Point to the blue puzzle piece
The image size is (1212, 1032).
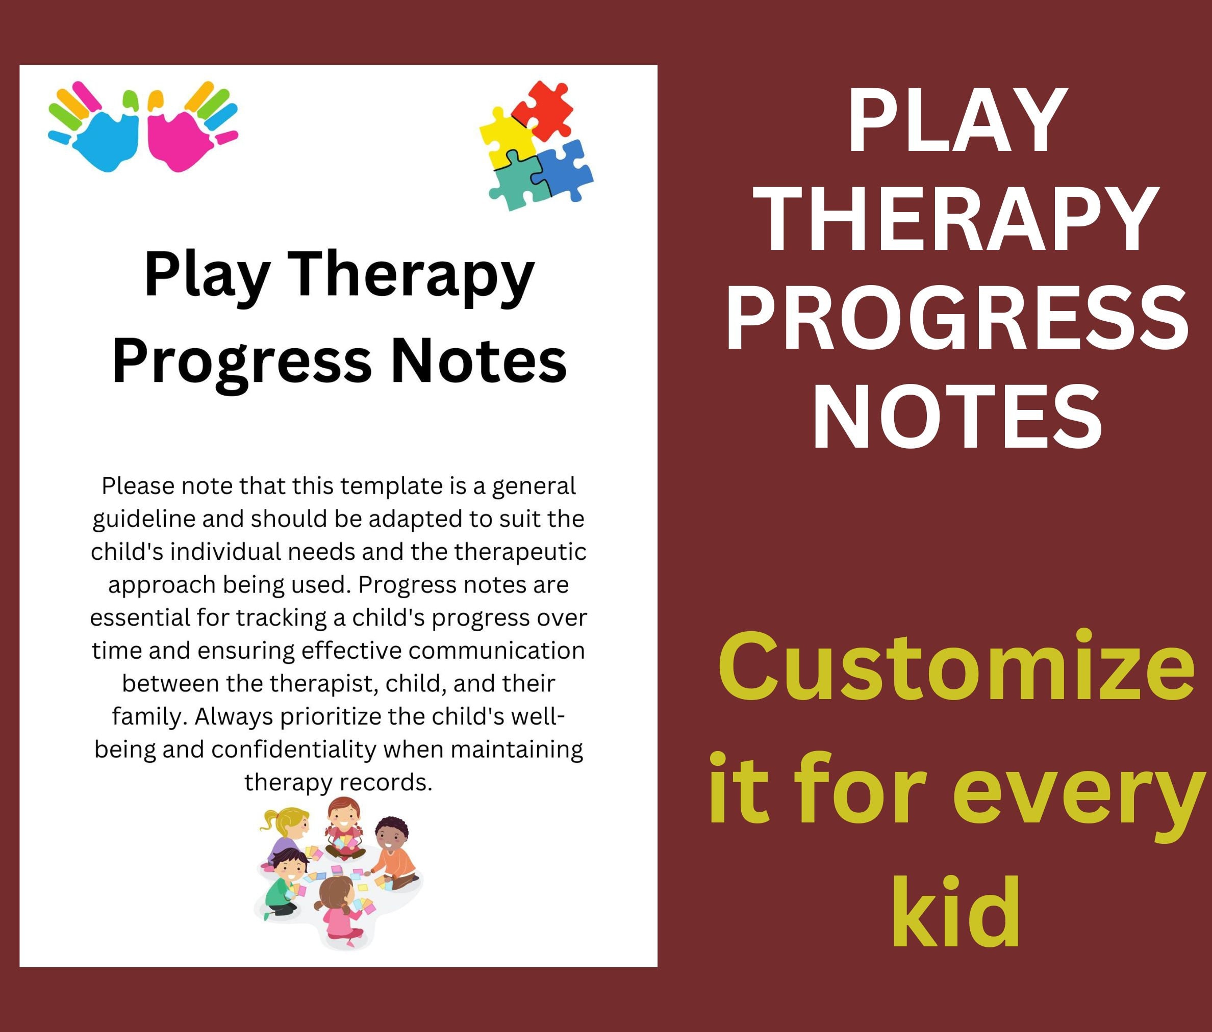coord(563,170)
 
